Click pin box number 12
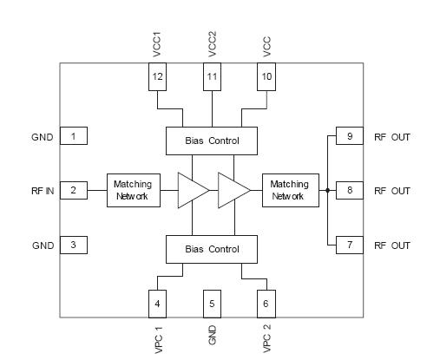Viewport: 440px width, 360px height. pyautogui.click(x=157, y=77)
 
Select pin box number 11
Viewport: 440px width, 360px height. pyautogui.click(x=212, y=77)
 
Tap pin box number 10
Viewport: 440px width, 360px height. pyautogui.click(x=266, y=77)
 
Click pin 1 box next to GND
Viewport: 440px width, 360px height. pyautogui.click(x=73, y=136)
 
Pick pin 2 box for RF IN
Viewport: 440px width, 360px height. pyautogui.click(x=73, y=190)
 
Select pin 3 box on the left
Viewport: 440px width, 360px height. pyautogui.click(x=73, y=245)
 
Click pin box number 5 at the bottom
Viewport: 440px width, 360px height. pyautogui.click(x=212, y=304)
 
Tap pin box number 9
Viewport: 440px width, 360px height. pyautogui.click(x=349, y=136)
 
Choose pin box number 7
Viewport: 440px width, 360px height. pyautogui.click(x=349, y=245)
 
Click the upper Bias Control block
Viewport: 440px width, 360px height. pyautogui.click(x=212, y=140)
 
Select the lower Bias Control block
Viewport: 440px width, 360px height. pyautogui.click(x=212, y=249)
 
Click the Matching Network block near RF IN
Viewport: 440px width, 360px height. pyautogui.click(x=133, y=190)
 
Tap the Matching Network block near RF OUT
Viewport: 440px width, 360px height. pyautogui.click(x=289, y=190)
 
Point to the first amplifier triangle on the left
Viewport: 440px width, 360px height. pyautogui.click(x=191, y=190)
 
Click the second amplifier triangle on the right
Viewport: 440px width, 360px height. pyautogui.click(x=233, y=190)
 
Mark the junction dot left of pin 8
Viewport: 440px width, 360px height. pyautogui.click(x=327, y=190)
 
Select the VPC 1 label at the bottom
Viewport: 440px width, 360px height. pyautogui.click(x=157, y=338)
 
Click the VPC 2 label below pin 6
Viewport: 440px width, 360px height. pyautogui.click(x=266, y=338)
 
